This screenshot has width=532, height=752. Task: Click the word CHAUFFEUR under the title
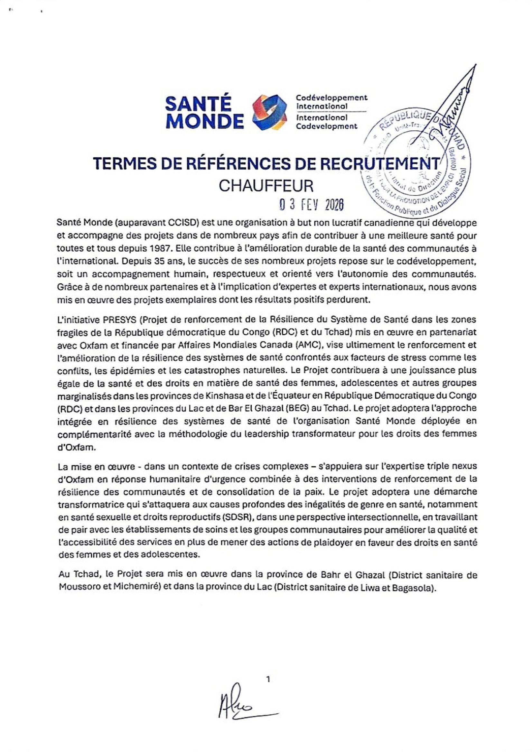(x=266, y=186)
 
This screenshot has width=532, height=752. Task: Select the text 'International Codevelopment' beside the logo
(x=327, y=122)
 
